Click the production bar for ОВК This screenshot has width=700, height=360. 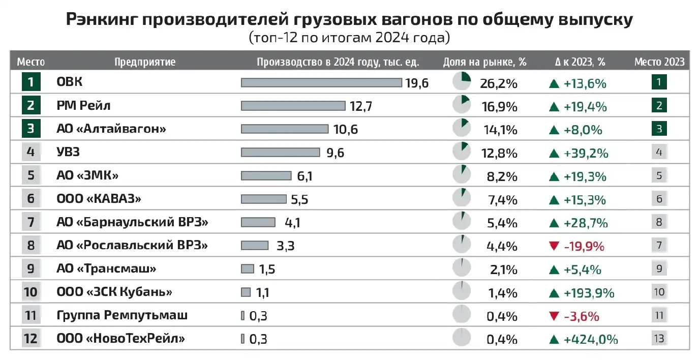click(321, 82)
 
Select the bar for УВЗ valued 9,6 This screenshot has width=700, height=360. click(280, 152)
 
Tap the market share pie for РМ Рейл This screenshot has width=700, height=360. click(462, 105)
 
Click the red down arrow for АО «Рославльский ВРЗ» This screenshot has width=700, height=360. click(554, 246)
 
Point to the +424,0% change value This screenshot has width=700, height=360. click(591, 339)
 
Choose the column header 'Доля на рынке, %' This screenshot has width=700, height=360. click(484, 62)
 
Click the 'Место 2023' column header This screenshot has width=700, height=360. click(659, 62)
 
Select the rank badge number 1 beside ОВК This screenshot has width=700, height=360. click(31, 82)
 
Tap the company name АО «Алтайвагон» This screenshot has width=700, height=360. click(111, 129)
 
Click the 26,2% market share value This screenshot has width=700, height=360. click(498, 83)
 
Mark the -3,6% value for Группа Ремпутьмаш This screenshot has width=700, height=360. click(582, 316)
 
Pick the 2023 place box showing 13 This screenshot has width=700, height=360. click(659, 338)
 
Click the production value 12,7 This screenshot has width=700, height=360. click(361, 106)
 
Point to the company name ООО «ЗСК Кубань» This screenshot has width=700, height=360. click(114, 292)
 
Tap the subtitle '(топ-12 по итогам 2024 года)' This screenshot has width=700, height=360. click(350, 38)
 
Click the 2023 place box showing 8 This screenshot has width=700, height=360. click(659, 222)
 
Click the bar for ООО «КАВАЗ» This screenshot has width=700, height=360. click(264, 199)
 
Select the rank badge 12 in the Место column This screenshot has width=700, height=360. click(31, 339)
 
